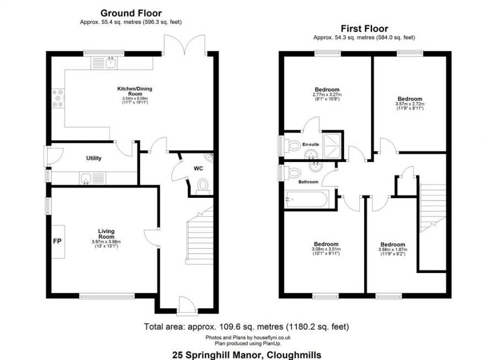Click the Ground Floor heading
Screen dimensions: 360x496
pos(131,13)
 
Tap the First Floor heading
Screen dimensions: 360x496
pos(364,29)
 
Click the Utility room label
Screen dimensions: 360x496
pos(94,158)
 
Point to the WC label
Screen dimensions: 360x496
pos(198,168)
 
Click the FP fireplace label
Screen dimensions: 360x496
pos(56,241)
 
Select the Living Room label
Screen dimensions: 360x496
pos(106,234)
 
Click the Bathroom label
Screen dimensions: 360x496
pos(308,181)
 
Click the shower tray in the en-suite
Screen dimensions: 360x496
pos(332,144)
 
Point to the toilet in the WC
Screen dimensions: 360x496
pos(203,185)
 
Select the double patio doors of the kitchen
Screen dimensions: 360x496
pos(185,43)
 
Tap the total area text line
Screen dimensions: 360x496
pos(246,327)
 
